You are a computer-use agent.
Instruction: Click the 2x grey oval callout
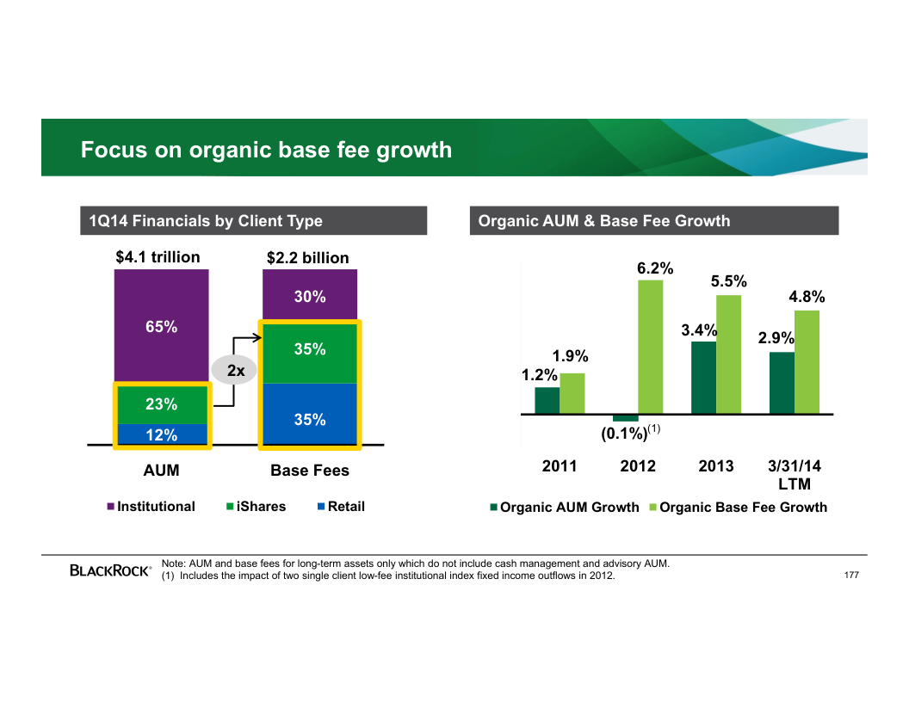pos(235,371)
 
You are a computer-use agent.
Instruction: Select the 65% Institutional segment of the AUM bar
pos(161,326)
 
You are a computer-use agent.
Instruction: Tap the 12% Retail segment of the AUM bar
pos(161,434)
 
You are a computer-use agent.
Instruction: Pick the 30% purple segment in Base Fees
pos(310,296)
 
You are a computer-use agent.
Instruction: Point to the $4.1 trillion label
pos(158,257)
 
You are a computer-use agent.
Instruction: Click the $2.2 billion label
pos(308,258)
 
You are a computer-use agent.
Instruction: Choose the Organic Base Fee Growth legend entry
pos(738,508)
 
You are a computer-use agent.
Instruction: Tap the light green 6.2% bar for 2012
pos(651,347)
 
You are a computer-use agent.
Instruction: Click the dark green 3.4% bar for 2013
pos(703,378)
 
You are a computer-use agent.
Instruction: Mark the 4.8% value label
pos(807,298)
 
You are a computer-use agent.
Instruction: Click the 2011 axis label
pos(560,466)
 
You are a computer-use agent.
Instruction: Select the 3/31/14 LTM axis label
pos(795,475)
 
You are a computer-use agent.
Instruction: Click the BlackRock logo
pos(111,570)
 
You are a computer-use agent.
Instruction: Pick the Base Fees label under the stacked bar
pos(310,471)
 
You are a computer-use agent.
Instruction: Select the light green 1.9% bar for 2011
pos(572,393)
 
